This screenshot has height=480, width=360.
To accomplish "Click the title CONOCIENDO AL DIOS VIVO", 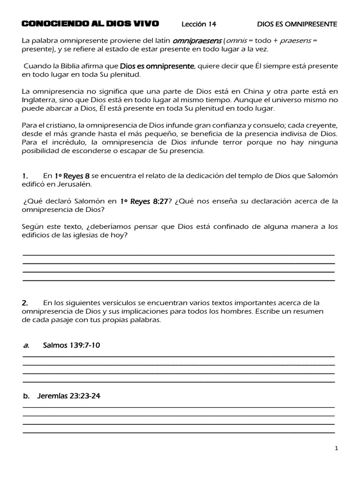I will click(x=90, y=23).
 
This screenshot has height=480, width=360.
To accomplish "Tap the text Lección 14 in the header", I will click(x=199, y=24).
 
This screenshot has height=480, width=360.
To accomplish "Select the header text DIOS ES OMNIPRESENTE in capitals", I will click(x=297, y=24).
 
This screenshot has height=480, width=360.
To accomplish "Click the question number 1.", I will click(x=25, y=176).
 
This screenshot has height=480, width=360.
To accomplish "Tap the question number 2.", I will click(x=25, y=303).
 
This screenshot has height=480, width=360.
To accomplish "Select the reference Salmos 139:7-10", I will click(x=71, y=345).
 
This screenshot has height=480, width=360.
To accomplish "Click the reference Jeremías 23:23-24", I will click(x=68, y=396).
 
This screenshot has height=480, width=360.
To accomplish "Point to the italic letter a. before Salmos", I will click(x=26, y=345).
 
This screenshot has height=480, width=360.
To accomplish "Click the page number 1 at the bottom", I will click(x=336, y=449).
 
